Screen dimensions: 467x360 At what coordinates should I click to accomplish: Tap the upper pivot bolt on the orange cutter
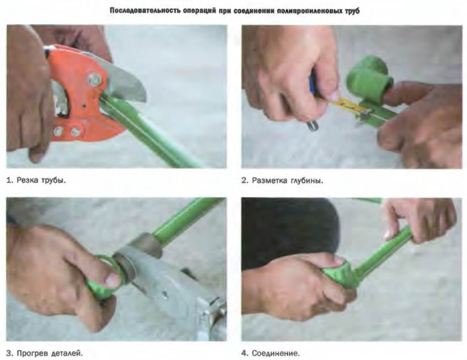pyautogui.click(x=94, y=80)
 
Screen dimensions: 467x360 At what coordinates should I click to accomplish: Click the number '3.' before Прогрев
pyautogui.click(x=10, y=353)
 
